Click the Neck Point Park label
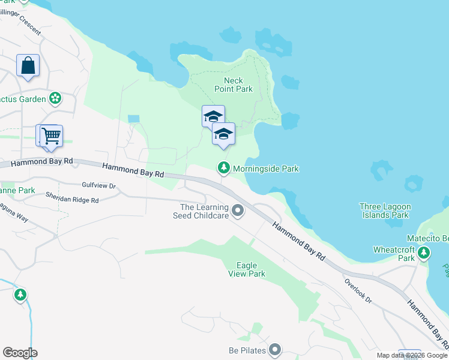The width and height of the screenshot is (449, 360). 234,85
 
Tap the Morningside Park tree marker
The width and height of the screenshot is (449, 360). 224,169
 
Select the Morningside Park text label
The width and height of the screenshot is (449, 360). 265,169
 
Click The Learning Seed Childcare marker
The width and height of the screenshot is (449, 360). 238,211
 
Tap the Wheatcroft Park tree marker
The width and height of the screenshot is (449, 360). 424,253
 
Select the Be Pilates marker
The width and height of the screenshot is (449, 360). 276,349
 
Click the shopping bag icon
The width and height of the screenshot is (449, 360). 28,65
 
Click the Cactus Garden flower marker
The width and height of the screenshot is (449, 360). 55,98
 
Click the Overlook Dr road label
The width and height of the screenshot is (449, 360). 358,290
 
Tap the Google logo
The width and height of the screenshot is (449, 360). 20,353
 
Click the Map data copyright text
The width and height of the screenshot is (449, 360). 412,355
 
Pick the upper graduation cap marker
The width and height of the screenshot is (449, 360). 213,116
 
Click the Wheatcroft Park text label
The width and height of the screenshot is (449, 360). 394,253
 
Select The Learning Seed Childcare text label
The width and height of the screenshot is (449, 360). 201,211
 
